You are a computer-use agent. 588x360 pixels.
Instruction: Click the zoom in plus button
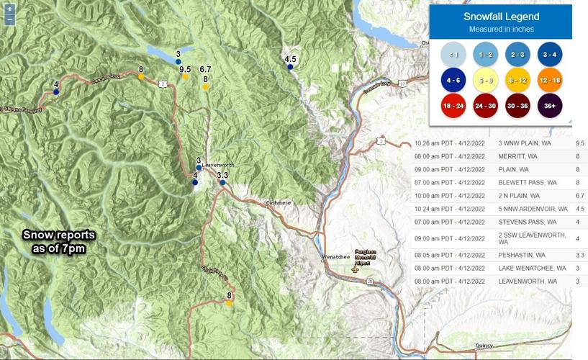9,9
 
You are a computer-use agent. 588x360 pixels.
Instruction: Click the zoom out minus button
9,19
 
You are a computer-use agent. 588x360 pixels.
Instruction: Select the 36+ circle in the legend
550,106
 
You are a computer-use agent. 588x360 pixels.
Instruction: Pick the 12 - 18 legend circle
550,80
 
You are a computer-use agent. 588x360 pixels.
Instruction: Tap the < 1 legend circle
452,54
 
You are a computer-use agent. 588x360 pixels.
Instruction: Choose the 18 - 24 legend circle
452,106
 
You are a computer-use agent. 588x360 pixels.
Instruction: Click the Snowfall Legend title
500,17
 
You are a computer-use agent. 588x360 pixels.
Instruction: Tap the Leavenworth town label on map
219,165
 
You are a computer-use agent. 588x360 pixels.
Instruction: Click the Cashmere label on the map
278,203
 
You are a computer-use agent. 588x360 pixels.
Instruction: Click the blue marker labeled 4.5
290,67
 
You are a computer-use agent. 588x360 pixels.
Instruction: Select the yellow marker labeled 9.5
185,77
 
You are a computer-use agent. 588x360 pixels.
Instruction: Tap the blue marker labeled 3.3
222,182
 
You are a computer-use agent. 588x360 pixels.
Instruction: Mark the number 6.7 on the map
205,69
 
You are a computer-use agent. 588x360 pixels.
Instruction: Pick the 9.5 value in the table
579,143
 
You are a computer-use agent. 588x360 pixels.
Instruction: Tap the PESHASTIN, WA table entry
522,255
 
